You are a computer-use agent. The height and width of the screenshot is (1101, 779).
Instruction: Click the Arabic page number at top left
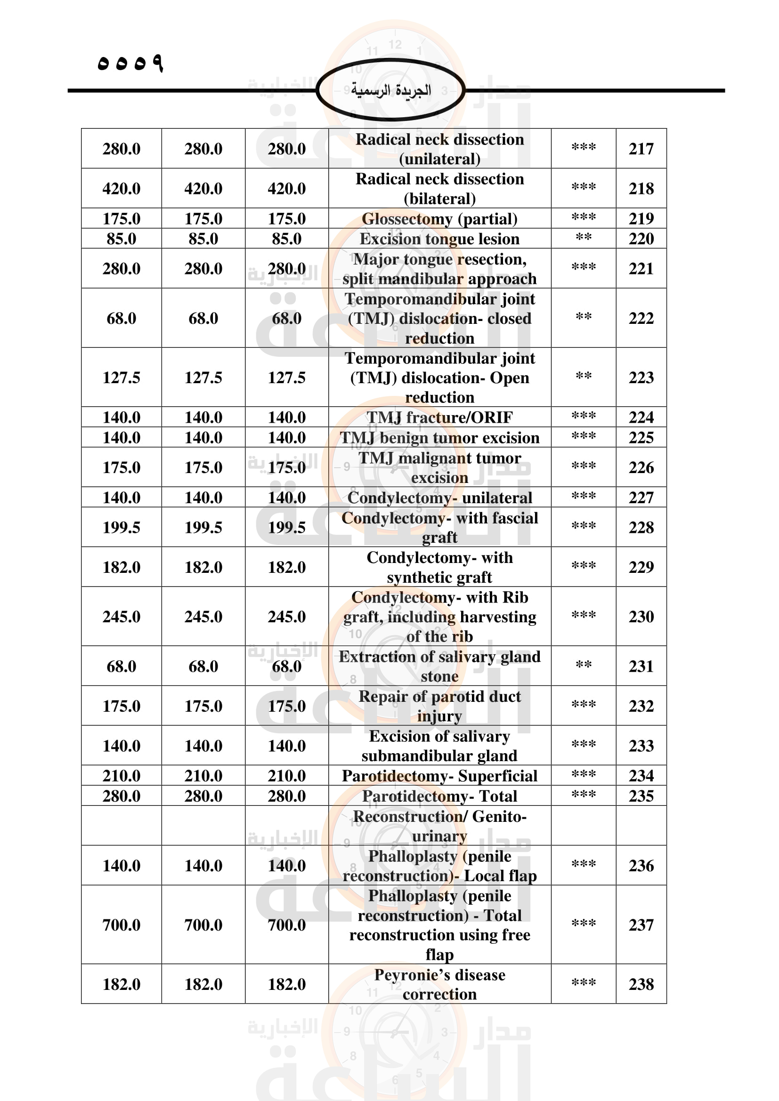coord(130,63)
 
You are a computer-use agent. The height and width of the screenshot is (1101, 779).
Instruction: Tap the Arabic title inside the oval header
coord(390,90)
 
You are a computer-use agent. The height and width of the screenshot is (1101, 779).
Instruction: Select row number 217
coord(641,149)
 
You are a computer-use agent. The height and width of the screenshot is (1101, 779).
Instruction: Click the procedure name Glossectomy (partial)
coord(439,219)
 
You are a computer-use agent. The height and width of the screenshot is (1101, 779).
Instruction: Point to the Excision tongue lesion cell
coord(439,239)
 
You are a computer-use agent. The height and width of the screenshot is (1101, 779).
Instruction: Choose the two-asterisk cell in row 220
coord(583,238)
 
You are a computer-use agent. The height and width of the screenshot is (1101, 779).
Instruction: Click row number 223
coord(641,378)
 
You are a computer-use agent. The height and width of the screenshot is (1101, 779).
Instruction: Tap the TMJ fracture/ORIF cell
coord(439,418)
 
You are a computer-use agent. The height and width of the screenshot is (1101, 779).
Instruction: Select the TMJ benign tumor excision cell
coord(439,438)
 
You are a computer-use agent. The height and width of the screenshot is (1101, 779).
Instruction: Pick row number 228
coord(641,528)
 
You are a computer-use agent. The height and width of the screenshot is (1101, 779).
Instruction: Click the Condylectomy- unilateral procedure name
coord(439,498)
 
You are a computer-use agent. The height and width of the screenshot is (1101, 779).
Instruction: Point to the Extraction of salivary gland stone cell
coord(439,666)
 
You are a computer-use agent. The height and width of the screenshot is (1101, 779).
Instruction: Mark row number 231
coord(641,666)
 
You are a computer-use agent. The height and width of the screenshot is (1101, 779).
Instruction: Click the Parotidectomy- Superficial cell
coord(439,776)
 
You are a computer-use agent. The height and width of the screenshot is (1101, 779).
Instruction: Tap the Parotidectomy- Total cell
coord(439,796)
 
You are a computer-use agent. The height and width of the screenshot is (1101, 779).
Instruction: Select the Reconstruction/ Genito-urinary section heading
coord(439,826)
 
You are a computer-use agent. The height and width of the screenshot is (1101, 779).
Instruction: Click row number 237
coord(641,924)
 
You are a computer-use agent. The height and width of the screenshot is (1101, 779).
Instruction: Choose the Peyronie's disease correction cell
coord(439,984)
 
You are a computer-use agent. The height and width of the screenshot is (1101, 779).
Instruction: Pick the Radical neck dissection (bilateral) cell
coord(439,188)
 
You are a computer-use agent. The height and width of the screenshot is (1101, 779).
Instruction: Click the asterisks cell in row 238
coord(583,983)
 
